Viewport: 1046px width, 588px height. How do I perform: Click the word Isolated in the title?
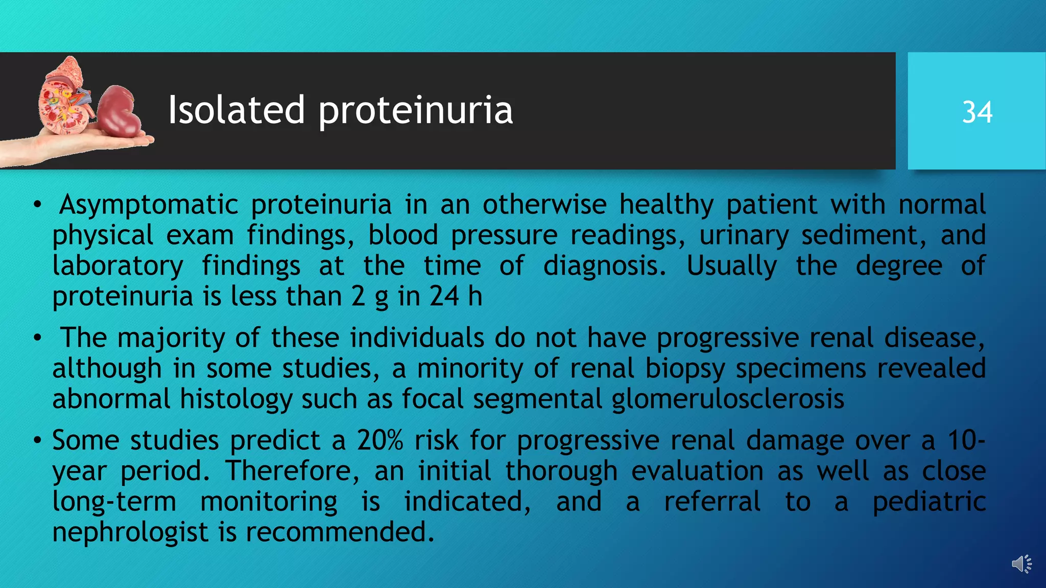pyautogui.click(x=236, y=110)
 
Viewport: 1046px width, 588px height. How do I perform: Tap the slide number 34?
pyautogui.click(x=977, y=112)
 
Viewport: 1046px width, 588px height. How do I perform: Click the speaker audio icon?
pyautogui.click(x=1021, y=564)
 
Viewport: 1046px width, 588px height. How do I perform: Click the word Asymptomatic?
pyautogui.click(x=149, y=205)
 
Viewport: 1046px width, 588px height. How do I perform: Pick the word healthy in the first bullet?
pyautogui.click(x=667, y=205)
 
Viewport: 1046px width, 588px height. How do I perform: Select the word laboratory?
pyautogui.click(x=117, y=266)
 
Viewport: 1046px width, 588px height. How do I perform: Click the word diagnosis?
pyautogui.click(x=604, y=266)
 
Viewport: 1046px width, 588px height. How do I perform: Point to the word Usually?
pyautogui.click(x=731, y=266)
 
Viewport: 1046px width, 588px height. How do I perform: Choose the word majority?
pyautogui.click(x=171, y=338)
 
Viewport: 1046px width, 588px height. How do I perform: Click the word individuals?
pyautogui.click(x=417, y=338)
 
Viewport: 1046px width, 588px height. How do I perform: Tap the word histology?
pyautogui.click(x=236, y=400)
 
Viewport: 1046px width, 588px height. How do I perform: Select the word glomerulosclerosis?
pyautogui.click(x=728, y=400)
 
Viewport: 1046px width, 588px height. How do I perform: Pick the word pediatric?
pyautogui.click(x=929, y=502)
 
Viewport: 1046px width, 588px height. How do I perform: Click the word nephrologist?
pyautogui.click(x=130, y=532)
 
